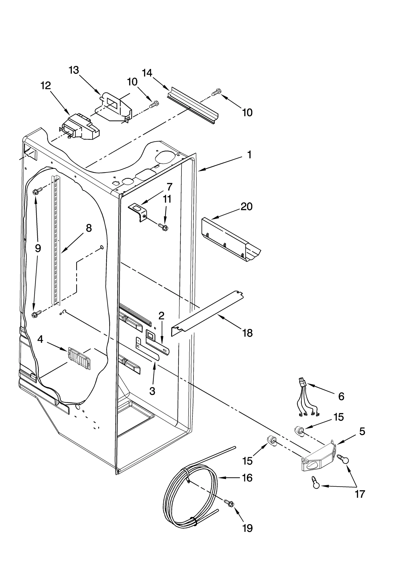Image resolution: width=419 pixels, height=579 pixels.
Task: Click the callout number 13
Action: (x=74, y=70)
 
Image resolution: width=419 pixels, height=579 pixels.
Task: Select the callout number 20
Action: (x=246, y=207)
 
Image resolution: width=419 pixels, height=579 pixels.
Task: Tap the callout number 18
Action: (x=247, y=333)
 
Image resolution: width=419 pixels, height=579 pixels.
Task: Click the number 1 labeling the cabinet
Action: (x=249, y=155)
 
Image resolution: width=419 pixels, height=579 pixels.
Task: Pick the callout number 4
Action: (x=40, y=339)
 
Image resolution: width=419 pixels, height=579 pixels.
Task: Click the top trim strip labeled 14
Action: (x=192, y=105)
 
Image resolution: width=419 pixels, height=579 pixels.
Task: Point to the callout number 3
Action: (x=152, y=391)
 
